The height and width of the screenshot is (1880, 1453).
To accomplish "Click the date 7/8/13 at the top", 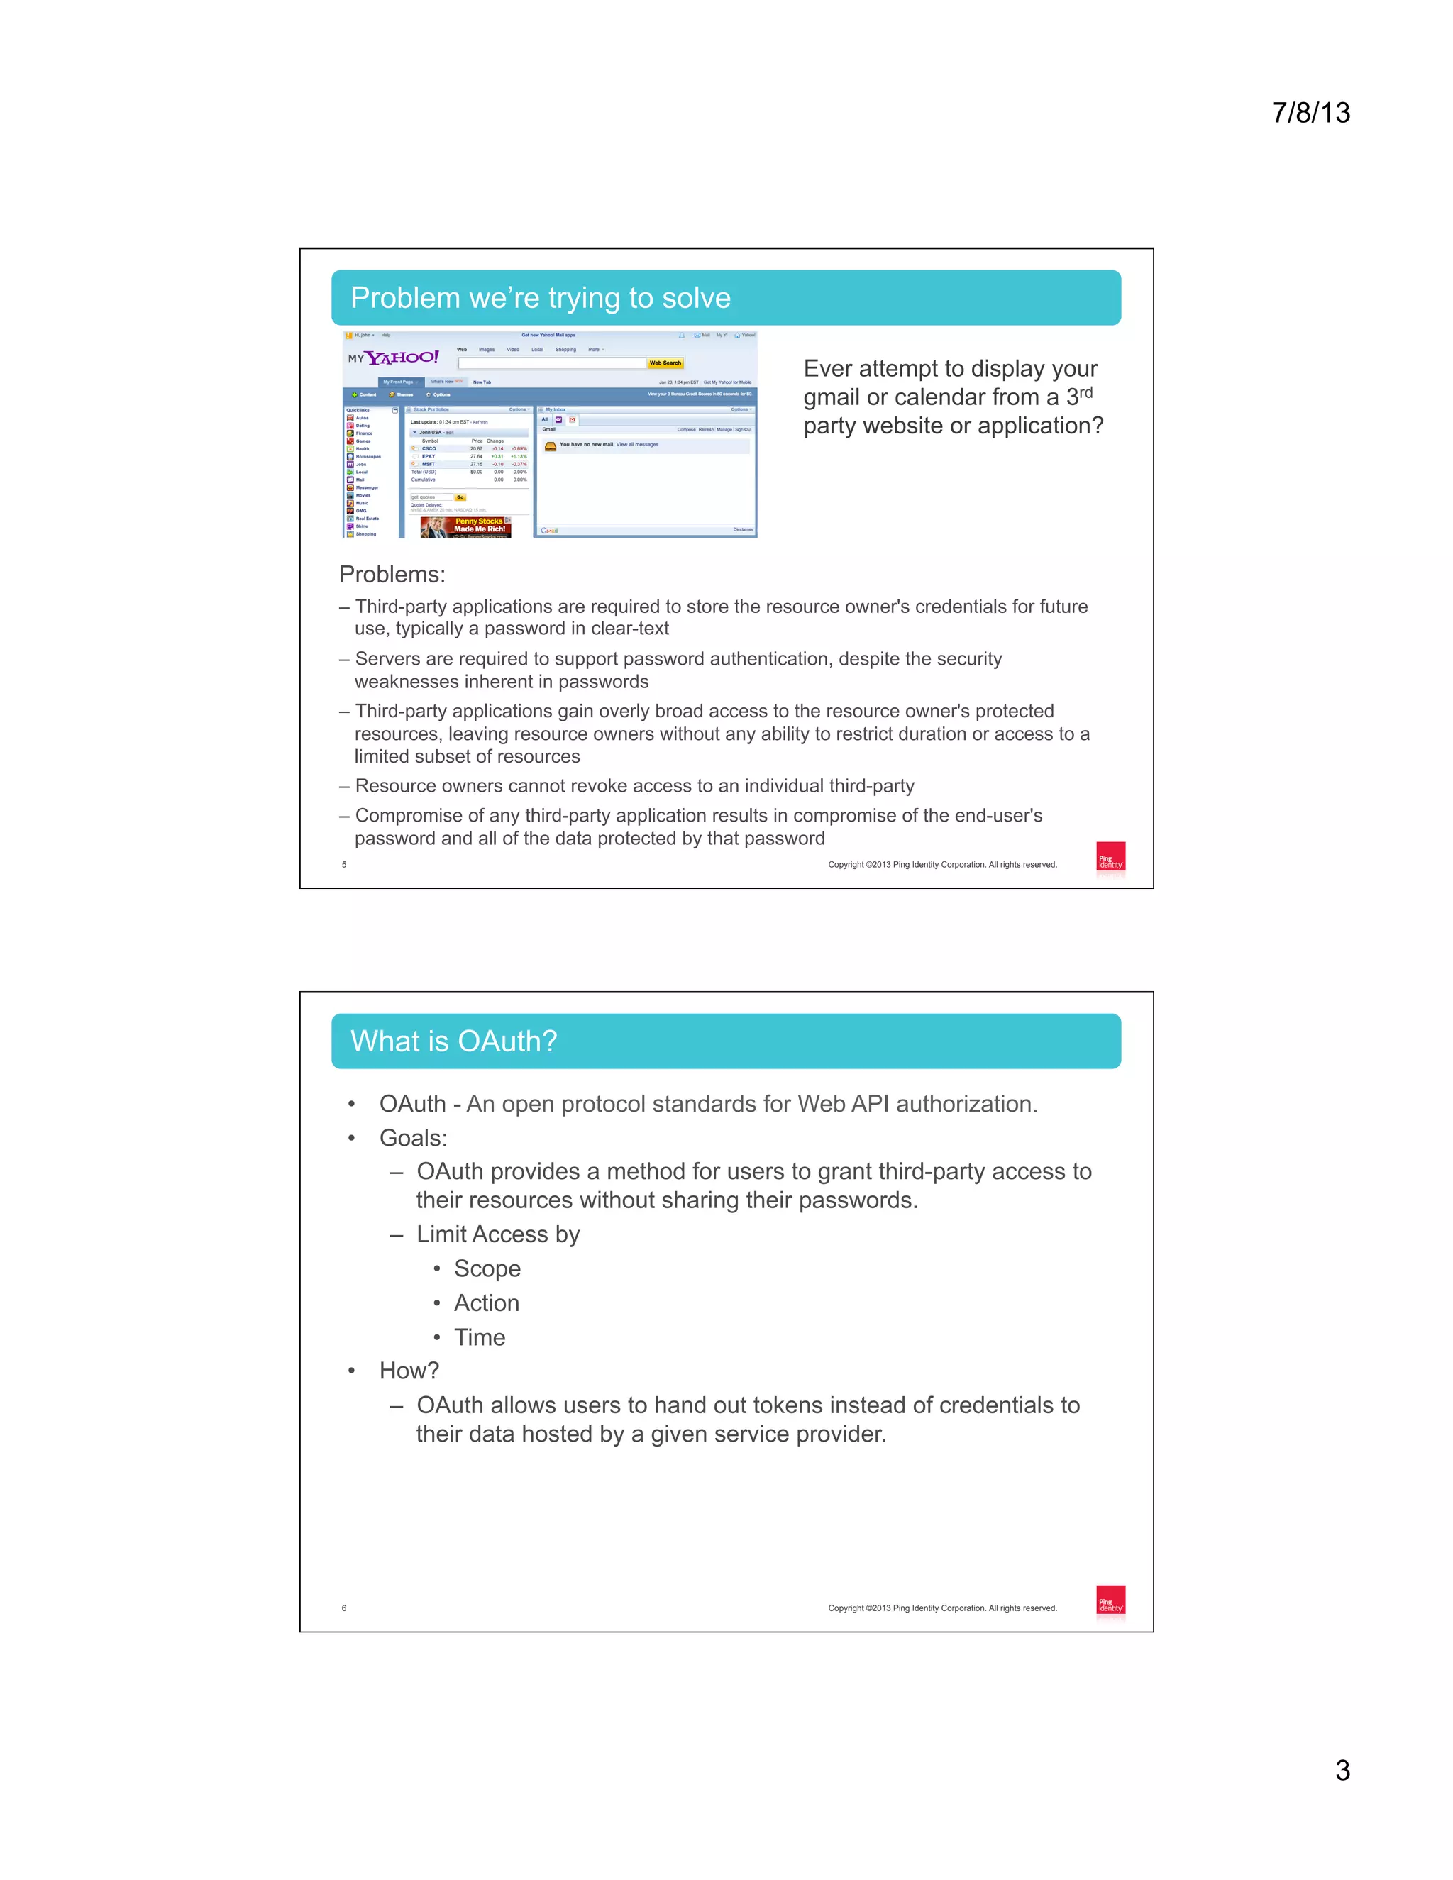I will [1310, 113].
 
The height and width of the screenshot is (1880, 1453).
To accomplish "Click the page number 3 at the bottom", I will [1342, 1770].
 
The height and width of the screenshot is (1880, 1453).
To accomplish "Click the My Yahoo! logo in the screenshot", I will [394, 358].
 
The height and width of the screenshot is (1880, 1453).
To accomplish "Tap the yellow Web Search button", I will [665, 363].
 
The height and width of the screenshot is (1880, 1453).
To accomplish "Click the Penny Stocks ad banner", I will [465, 526].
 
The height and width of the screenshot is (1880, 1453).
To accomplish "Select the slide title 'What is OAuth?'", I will [453, 1041].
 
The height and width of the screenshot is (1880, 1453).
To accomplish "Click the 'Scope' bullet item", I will [487, 1269].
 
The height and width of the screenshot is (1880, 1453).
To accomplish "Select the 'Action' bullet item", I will [486, 1303].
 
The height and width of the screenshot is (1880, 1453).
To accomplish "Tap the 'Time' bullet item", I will [480, 1338].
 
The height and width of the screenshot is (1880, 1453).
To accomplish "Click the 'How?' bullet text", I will [409, 1371].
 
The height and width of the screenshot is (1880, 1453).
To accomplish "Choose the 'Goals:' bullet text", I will [413, 1138].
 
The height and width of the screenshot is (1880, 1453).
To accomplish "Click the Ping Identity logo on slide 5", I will [1110, 858].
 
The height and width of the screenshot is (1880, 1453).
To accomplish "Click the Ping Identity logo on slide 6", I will [1110, 1602].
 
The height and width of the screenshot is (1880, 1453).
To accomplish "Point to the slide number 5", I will [344, 864].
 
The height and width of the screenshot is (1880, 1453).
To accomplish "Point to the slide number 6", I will [344, 1608].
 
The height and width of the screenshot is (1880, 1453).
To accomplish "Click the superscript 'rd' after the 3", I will [1085, 392].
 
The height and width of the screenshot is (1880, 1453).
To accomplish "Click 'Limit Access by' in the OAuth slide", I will [497, 1234].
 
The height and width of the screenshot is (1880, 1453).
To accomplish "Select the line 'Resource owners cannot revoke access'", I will [634, 786].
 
